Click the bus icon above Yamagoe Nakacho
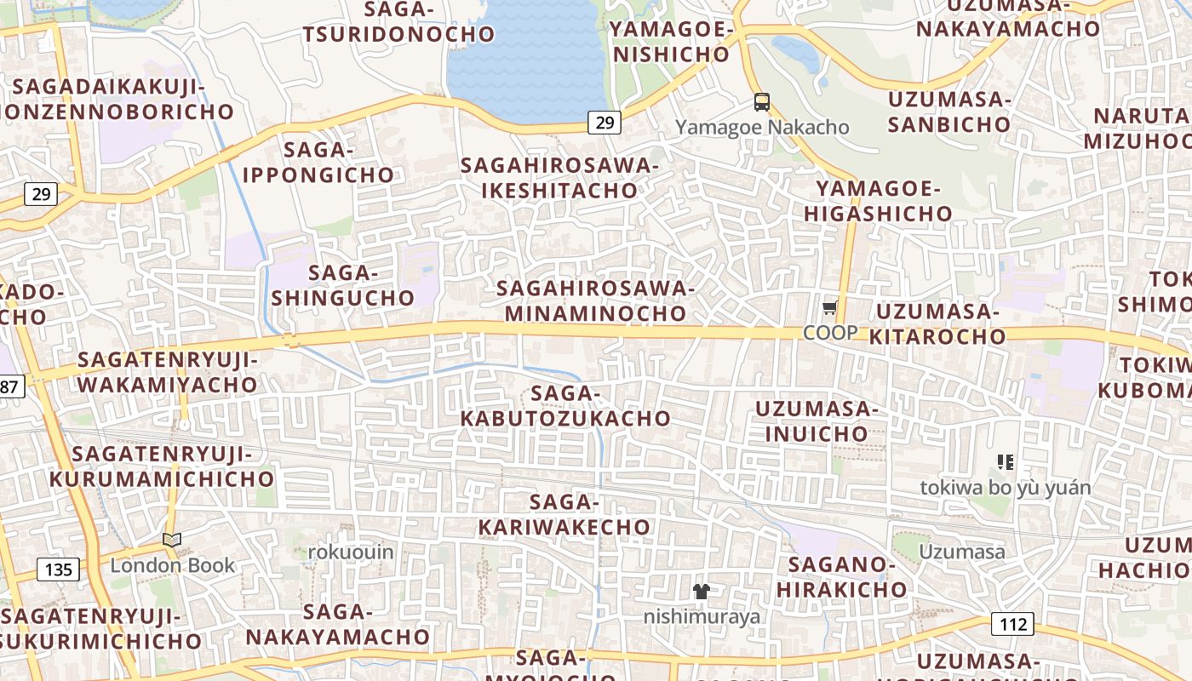(762, 103)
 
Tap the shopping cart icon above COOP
(830, 308)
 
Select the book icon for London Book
(172, 540)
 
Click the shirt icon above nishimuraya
(702, 591)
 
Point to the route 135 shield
(58, 569)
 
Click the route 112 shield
(1013, 624)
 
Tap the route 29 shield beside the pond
(604, 123)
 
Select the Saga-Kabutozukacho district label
(565, 406)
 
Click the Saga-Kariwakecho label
(564, 515)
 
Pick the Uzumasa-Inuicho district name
(816, 421)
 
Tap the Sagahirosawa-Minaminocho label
(595, 300)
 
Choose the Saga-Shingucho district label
(342, 285)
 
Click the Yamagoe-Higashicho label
(878, 201)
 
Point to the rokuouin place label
(351, 552)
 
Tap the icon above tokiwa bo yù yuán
(1006, 462)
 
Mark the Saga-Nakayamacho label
(338, 624)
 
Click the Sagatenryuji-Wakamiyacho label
(167, 372)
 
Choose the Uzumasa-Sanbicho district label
(948, 112)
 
